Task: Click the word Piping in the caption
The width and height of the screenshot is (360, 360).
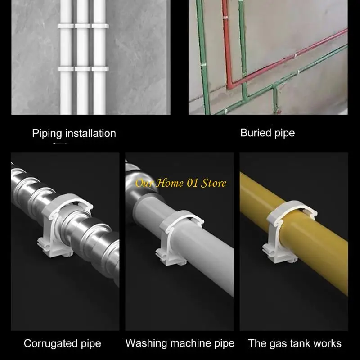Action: click(47, 133)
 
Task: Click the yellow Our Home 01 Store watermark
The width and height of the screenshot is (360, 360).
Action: click(181, 183)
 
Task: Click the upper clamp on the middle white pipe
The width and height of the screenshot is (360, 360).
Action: click(83, 26)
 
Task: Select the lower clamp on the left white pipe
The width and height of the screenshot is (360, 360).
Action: click(66, 69)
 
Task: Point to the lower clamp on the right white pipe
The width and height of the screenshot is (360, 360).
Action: click(100, 69)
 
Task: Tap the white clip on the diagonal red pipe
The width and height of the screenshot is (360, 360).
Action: click(295, 55)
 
